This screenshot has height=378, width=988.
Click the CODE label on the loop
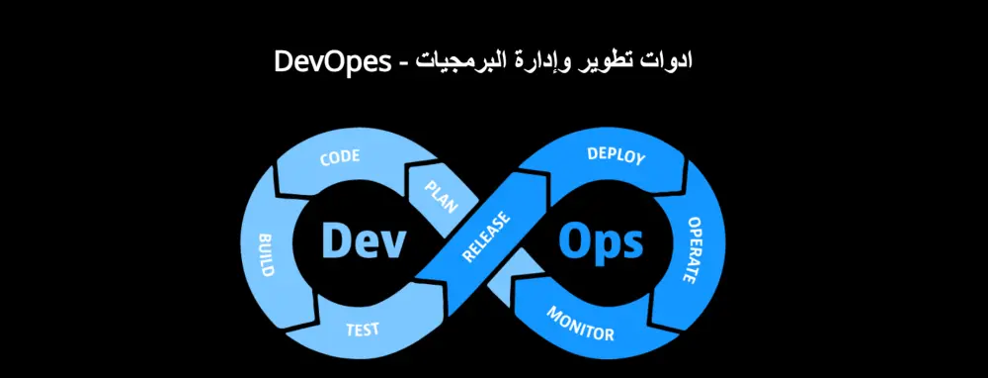click(x=340, y=158)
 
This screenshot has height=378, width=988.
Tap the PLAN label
click(x=441, y=196)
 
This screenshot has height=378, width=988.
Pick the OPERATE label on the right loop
click(x=698, y=248)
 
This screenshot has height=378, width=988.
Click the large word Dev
click(x=364, y=240)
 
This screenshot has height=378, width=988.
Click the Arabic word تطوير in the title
click(x=617, y=60)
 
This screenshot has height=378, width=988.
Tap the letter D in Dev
click(x=336, y=239)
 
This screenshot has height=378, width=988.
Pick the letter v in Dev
click(x=392, y=243)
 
